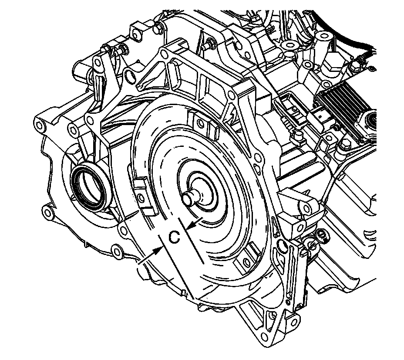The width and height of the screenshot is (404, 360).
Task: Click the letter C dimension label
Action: coord(174,237)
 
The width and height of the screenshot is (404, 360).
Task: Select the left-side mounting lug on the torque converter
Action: coord(144,196)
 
